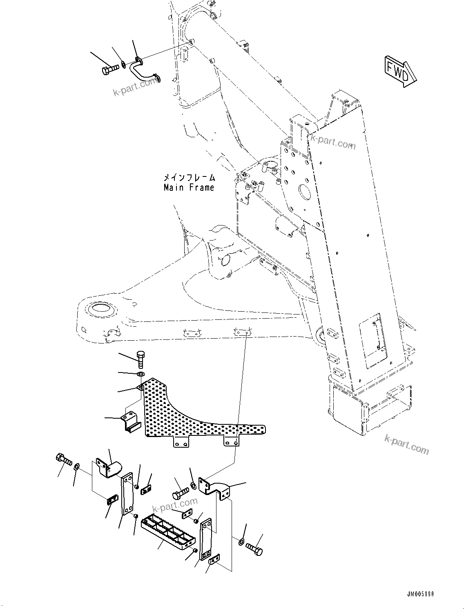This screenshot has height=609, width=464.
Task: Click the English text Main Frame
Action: (x=189, y=188)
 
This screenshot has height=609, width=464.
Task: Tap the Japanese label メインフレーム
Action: (x=189, y=178)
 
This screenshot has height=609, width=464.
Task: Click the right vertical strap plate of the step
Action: (x=205, y=539)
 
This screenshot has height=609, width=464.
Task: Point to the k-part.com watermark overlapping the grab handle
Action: (x=135, y=86)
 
